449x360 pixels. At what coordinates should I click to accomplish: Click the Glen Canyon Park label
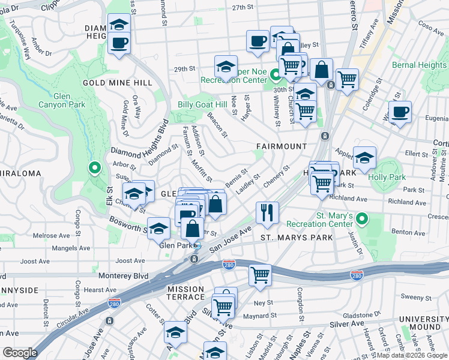tap(69, 100)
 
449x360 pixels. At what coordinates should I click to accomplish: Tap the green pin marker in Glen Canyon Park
tap(94, 168)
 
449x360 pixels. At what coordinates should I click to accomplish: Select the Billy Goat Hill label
tap(202, 104)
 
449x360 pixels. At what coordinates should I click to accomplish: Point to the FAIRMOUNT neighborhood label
tap(281, 146)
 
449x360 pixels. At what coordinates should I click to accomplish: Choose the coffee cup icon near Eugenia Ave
tap(400, 111)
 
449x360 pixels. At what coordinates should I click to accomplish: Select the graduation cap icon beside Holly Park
tap(364, 158)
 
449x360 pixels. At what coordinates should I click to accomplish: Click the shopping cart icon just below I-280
tap(260, 275)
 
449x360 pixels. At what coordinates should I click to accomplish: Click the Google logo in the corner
tap(20, 352)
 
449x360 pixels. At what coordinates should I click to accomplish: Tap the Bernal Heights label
tap(419, 65)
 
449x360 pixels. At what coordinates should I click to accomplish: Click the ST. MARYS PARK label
tap(296, 238)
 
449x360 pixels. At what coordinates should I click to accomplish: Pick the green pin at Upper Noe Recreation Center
tap(276, 76)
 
